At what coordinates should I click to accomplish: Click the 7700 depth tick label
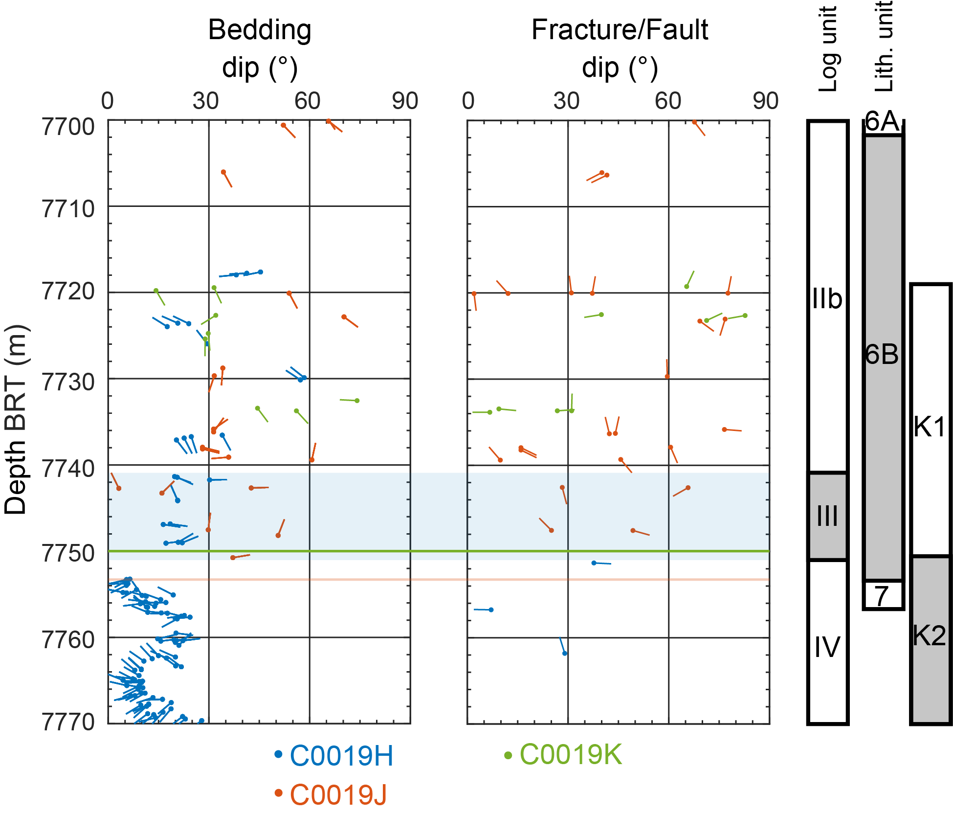pos(68,127)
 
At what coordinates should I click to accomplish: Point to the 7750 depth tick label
pos(68,554)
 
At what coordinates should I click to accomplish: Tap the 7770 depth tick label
pos(68,722)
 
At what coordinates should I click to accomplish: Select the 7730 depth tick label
pos(68,382)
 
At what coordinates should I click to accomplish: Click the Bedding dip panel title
pos(260,48)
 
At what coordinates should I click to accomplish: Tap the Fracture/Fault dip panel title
pos(620,48)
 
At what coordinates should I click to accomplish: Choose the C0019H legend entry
pos(334,756)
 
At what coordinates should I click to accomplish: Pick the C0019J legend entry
pos(331,794)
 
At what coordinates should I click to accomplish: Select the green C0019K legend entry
pos(563,755)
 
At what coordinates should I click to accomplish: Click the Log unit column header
pos(828,49)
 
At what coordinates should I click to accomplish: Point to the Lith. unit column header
pos(884,46)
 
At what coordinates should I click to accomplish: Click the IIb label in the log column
pos(827,299)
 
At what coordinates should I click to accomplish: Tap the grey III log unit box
pos(827,516)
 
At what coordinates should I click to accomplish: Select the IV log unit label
pos(827,647)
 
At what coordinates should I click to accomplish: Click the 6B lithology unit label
pos(882,354)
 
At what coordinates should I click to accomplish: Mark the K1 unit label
pos(931,427)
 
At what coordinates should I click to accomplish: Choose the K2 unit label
pos(930,636)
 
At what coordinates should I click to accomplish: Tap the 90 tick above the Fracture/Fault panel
pos(766,101)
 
